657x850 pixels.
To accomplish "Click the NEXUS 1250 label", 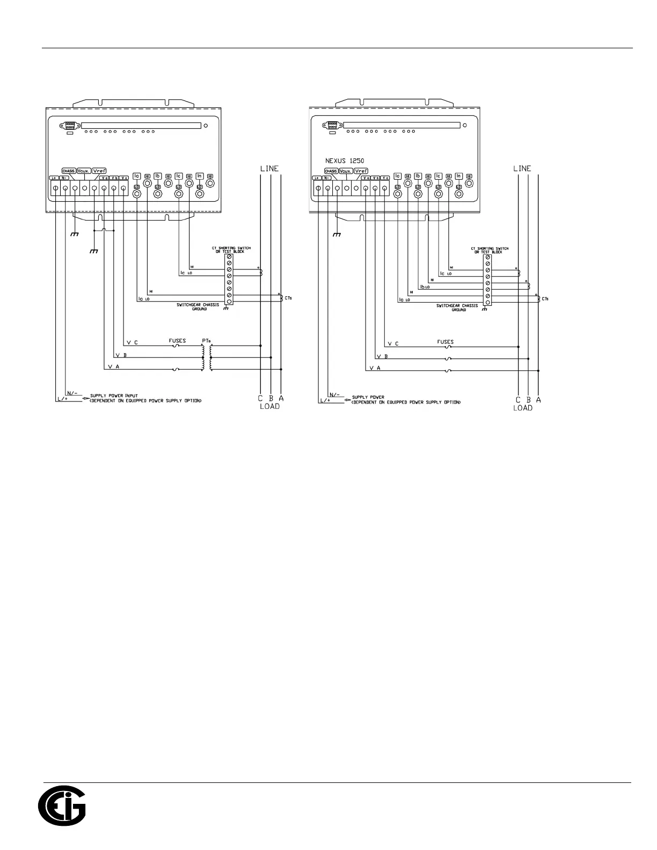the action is tap(345, 160).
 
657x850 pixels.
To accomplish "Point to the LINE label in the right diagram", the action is tap(522, 168).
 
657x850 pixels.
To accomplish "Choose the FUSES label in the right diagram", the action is tap(446, 342).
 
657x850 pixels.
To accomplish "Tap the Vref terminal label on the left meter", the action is tap(99, 171).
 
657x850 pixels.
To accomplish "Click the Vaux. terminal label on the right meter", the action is tap(346, 171).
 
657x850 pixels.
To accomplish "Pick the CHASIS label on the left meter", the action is tap(69, 171).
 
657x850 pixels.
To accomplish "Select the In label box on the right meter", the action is tap(459, 176).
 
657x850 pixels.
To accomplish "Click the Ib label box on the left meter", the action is tap(158, 176).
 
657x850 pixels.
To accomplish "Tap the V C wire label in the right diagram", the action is tap(393, 343).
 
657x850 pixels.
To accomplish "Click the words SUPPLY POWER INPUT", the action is tap(114, 396).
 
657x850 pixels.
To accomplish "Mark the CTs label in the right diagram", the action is tap(545, 298).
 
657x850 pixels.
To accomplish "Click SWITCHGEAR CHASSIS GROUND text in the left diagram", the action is tap(198, 307).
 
